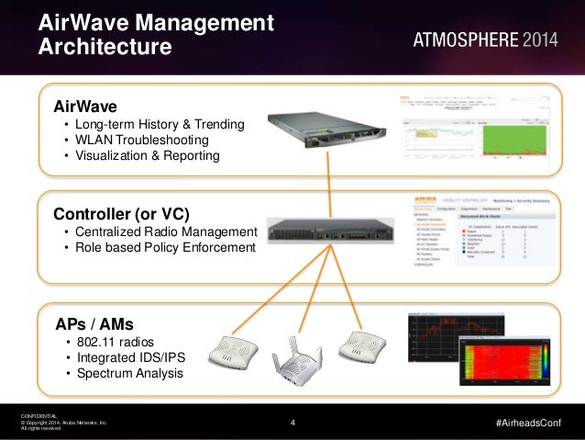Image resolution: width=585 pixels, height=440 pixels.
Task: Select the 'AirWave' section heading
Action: (x=85, y=105)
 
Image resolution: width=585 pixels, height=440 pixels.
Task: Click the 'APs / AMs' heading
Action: (x=94, y=323)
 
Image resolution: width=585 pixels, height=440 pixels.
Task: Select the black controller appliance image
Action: (x=326, y=237)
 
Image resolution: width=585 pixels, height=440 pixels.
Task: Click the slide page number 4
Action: (x=292, y=423)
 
